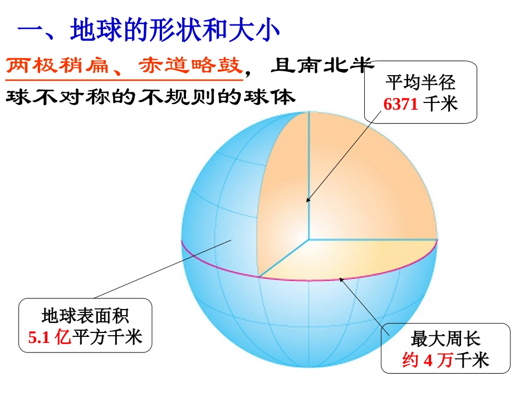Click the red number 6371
[x=400, y=104]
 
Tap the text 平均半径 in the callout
[x=420, y=84]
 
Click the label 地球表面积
[x=85, y=316]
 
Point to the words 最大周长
[x=445, y=339]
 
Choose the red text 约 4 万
[x=427, y=360]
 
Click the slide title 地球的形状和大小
[x=174, y=31]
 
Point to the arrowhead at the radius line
[x=308, y=199]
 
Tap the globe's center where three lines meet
[x=308, y=239]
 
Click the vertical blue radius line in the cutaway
[x=308, y=167]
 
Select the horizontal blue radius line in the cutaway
[x=373, y=239]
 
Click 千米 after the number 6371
[x=440, y=104]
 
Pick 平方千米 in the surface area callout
[x=107, y=337]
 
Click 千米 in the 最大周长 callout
[x=472, y=360]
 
